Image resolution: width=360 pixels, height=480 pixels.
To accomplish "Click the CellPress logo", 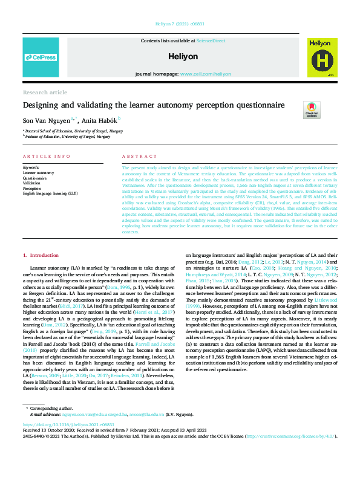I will point(41,57).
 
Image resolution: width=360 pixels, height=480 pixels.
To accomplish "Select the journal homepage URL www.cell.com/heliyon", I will point(205,73).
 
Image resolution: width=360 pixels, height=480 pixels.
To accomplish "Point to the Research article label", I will point(45,92).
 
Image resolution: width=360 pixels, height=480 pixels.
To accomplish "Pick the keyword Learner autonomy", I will point(38,173).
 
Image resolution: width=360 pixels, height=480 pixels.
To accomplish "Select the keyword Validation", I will point(32,183).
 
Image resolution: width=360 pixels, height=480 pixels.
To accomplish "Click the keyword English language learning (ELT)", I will point(50,193).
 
